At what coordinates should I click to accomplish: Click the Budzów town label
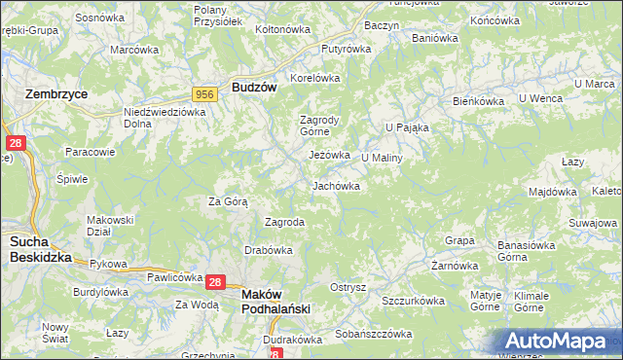tap(255, 87)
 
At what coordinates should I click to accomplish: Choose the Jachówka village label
tap(337, 185)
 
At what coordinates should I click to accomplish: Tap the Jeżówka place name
tap(329, 155)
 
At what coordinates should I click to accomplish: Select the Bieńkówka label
tap(478, 100)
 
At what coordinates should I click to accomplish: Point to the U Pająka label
tap(407, 127)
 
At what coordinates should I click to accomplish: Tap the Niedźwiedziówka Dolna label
tap(165, 118)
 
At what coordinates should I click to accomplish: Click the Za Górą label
tap(229, 201)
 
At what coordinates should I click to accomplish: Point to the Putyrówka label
tap(348, 47)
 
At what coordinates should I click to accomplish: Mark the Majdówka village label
tap(554, 192)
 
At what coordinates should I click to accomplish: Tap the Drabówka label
tap(270, 250)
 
